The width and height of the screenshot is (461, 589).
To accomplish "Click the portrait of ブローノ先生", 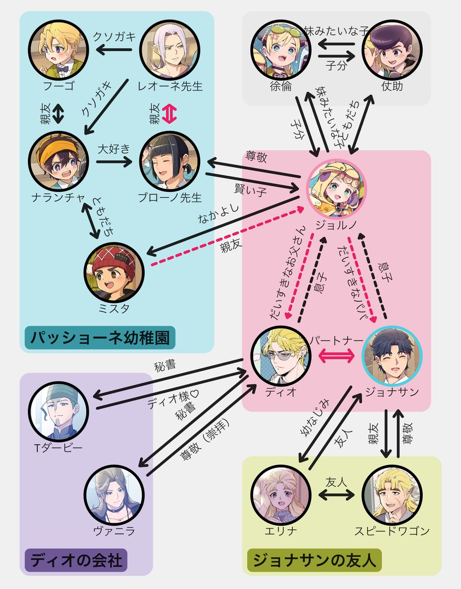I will click(170, 162).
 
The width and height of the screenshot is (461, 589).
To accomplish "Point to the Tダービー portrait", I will click(58, 410).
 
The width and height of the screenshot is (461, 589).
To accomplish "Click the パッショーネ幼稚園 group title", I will click(100, 338).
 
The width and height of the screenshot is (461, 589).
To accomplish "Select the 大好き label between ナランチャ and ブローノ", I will click(113, 148).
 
